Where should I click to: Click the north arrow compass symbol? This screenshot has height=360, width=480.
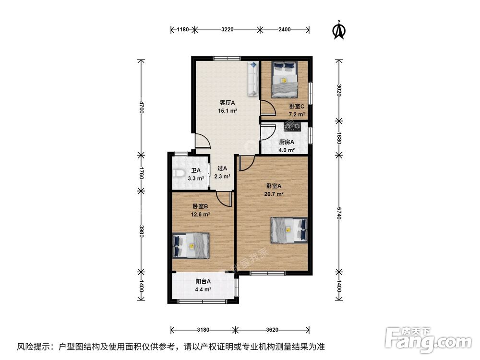339,30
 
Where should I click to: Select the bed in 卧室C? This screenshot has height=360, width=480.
285,79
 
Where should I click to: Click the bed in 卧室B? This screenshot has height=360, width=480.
191,245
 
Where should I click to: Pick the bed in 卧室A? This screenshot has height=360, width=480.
289,230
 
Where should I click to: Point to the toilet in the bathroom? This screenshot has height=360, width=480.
178,173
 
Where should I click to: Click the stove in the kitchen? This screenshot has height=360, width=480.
292,126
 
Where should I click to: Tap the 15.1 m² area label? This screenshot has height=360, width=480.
228,111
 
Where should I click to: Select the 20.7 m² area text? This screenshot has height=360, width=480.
274,194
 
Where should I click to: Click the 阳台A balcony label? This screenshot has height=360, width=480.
203,281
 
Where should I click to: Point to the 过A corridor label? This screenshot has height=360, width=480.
222,168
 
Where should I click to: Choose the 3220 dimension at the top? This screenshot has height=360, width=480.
227,30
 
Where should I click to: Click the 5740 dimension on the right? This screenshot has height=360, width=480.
339,213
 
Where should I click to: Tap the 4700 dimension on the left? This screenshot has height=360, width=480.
141,107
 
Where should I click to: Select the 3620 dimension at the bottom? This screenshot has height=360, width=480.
272,330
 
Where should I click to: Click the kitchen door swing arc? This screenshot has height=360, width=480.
268,132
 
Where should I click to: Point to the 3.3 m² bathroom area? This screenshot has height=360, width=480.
196,179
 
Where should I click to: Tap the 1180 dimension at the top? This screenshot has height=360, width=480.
183,30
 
